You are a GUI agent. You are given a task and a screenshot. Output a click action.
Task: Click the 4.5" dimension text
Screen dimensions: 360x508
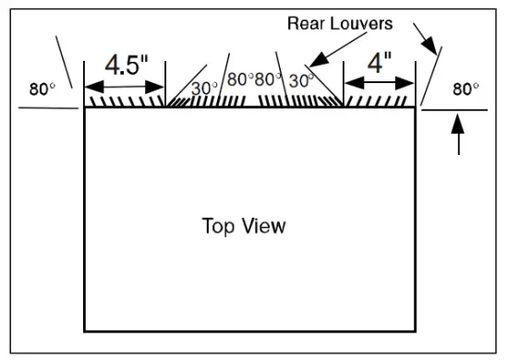tap(125, 66)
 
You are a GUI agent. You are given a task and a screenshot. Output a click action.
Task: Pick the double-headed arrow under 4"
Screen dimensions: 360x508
tap(380, 83)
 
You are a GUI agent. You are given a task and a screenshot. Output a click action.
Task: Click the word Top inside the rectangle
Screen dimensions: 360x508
tap(217, 225)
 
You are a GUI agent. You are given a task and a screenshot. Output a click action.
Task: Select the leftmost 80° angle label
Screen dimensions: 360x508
tap(42, 90)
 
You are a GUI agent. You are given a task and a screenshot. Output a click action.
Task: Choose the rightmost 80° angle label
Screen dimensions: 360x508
tap(465, 90)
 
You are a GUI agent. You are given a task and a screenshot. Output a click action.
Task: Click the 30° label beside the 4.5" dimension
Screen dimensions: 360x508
tap(204, 89)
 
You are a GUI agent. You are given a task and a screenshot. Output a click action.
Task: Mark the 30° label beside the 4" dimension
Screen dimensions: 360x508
tap(302, 81)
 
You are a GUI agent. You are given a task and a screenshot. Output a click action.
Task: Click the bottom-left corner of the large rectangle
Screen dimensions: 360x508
tap(85, 330)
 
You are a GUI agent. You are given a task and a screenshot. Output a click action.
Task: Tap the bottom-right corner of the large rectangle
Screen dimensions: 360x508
tap(415, 330)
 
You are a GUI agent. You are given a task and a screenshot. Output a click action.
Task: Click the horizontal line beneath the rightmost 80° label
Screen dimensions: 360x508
tap(454, 110)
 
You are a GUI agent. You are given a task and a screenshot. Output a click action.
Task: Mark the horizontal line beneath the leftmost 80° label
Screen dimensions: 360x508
tap(46, 107)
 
